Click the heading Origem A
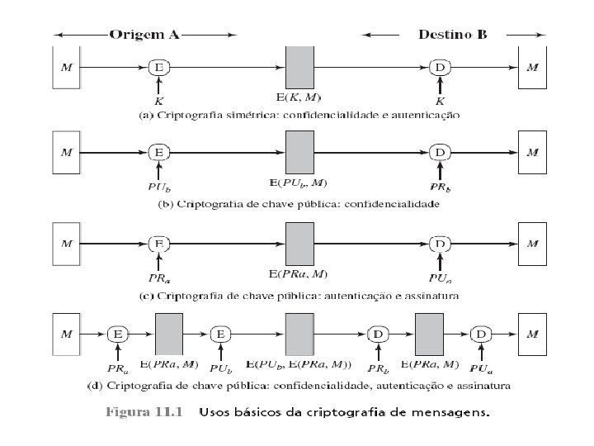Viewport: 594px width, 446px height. coord(144,36)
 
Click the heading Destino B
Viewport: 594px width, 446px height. coord(452,36)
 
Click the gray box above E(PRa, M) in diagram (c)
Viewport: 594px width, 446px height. coord(298,244)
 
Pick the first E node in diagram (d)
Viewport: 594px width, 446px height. coord(118,334)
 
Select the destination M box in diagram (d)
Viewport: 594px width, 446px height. coord(534,334)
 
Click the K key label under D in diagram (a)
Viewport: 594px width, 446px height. coord(441,101)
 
